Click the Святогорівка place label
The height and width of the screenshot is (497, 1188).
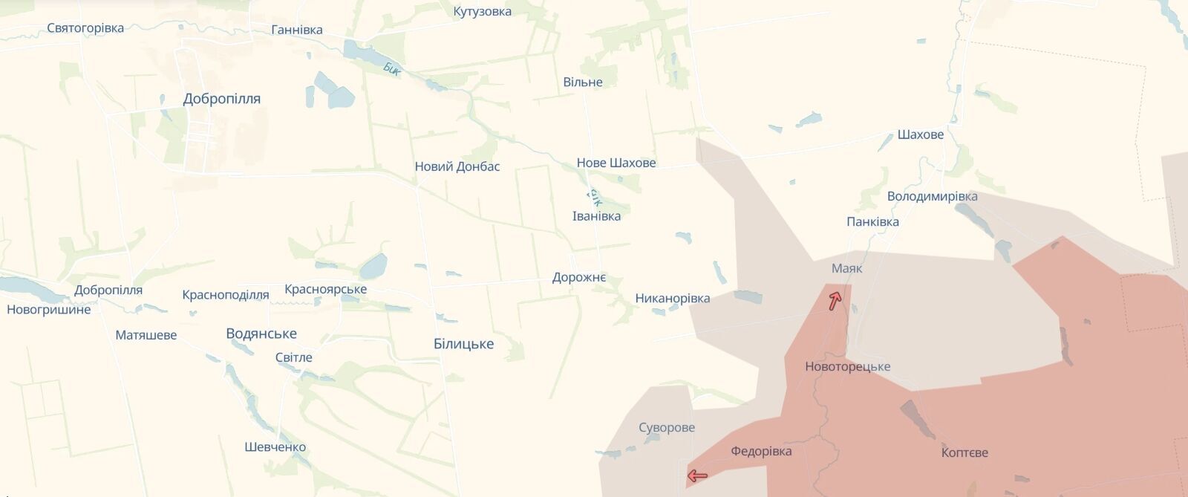(x=85, y=28)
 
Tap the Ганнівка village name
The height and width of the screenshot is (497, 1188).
(x=297, y=30)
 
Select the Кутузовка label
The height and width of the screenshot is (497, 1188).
(x=482, y=12)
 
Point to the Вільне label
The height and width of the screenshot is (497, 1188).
(x=583, y=82)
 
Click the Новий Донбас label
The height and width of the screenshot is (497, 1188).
(x=457, y=166)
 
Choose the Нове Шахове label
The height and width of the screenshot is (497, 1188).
(x=616, y=163)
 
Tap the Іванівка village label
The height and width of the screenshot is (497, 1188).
(x=596, y=216)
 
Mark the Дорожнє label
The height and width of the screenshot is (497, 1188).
(x=579, y=277)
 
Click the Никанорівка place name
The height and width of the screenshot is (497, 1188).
(x=673, y=299)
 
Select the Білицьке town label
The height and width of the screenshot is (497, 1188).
(x=463, y=344)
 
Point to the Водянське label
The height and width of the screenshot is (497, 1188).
(x=261, y=334)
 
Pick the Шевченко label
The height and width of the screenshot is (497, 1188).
(x=275, y=447)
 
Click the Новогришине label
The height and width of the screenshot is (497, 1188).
(x=49, y=309)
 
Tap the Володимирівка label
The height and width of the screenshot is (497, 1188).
(x=933, y=197)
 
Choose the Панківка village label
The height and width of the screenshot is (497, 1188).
(x=872, y=221)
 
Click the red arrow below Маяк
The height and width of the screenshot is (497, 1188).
(x=835, y=301)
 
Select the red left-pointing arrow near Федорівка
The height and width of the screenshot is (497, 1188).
(x=696, y=475)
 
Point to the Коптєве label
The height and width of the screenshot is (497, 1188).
(x=965, y=452)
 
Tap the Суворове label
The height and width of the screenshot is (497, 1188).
(x=667, y=427)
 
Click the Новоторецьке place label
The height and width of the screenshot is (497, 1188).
(x=847, y=366)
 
